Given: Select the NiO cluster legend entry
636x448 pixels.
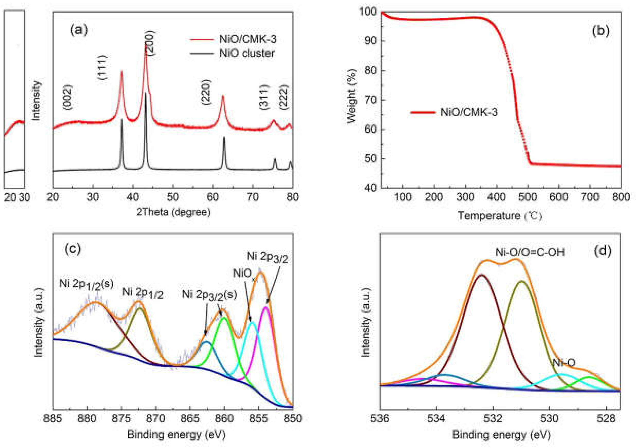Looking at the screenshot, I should click(247, 53).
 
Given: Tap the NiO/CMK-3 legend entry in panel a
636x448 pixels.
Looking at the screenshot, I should click(248, 40).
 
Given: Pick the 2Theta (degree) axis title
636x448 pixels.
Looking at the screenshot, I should click(173, 212).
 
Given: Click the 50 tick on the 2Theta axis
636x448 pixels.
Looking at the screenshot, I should click(173, 197).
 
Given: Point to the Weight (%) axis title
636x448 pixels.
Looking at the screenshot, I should click(352, 95).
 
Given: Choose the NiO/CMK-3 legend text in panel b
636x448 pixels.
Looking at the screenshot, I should click(469, 112).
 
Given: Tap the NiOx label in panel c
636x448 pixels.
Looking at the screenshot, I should click(244, 274).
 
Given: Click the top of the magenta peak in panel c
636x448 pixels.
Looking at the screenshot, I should click(266, 307).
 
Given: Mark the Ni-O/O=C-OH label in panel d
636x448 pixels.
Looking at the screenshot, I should click(530, 252).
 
